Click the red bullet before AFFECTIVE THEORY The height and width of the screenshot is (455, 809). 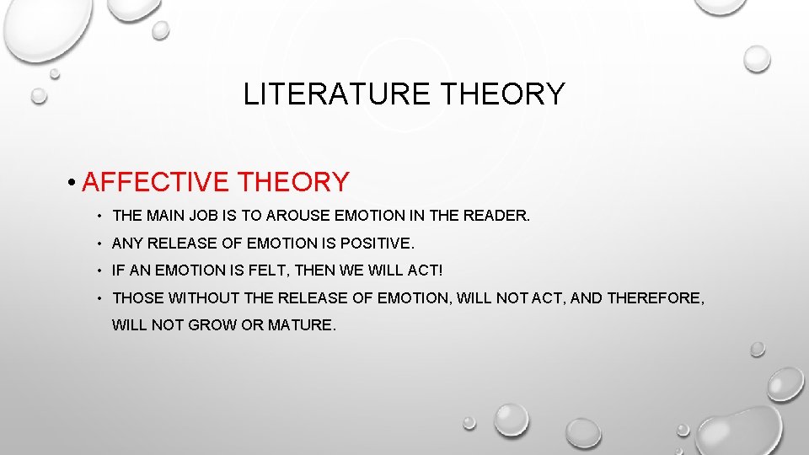point(74,182)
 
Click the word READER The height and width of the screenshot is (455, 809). point(497,217)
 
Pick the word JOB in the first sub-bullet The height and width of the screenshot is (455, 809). point(207,217)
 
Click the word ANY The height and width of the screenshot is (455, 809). point(127,244)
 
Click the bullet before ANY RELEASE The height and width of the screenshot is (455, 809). point(99,244)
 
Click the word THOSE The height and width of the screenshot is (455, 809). point(138,297)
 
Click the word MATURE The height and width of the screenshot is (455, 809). point(301,324)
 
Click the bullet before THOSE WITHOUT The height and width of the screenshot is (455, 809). point(99,298)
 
